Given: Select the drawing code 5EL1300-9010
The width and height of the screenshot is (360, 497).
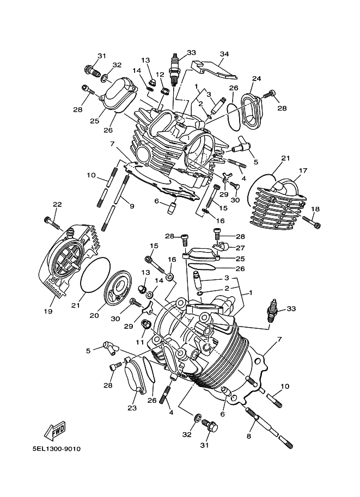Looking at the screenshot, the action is tap(57, 449).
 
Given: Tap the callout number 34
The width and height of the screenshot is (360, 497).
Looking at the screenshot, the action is tap(224, 54).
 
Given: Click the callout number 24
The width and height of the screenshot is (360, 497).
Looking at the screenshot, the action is tap(257, 78).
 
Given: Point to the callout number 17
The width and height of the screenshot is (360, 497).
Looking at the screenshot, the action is tap(303, 170).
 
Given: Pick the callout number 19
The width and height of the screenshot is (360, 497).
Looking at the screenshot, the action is tap(48, 311).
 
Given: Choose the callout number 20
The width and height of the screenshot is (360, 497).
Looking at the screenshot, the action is tap(94, 315).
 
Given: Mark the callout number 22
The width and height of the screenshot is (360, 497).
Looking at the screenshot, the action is tap(57, 205).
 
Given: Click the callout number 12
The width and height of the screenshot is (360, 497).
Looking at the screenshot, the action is tap(160, 75).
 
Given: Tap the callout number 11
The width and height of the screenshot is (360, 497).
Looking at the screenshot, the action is tap(141, 342).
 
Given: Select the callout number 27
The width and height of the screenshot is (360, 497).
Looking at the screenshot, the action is tap(240, 248).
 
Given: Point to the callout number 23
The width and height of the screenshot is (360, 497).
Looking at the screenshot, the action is tap(132, 408).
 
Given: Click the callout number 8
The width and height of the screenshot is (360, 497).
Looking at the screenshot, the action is tap(249, 437).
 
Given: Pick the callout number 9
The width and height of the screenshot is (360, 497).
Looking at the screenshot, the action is tap(132, 206).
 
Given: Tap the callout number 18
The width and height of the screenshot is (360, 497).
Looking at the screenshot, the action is tap(315, 209).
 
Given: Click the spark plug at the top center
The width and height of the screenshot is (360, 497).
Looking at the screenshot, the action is tap(175, 70).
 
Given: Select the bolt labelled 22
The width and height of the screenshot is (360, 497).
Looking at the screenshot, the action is tap(53, 223).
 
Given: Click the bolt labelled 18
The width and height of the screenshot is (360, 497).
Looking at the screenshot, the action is tap(312, 222).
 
